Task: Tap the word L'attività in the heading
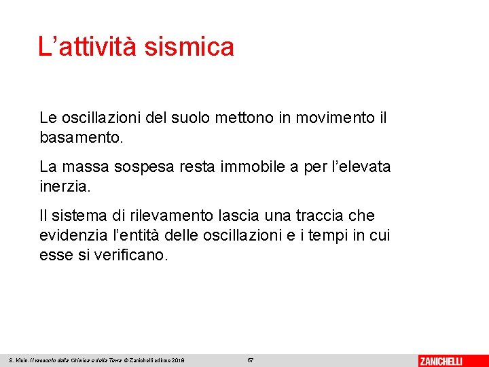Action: (x=88, y=47)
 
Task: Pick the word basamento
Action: (x=81, y=138)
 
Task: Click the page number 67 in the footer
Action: (x=250, y=360)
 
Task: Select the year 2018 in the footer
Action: (x=177, y=360)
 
